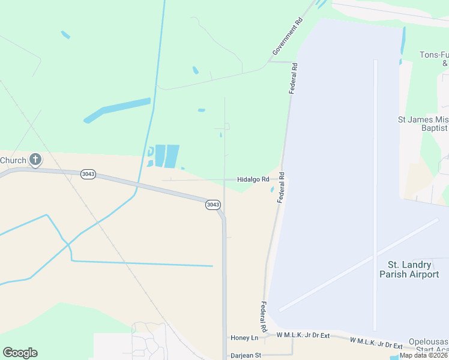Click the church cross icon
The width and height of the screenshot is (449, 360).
35,160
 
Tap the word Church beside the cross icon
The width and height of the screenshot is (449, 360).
13,160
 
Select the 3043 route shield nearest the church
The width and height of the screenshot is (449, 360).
88,174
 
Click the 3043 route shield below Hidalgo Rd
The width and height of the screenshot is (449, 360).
212,205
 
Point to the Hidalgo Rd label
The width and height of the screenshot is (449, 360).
253,179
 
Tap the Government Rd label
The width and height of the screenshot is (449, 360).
287,37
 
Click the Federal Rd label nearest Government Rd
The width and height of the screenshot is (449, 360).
294,78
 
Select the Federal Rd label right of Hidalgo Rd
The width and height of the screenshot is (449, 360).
281,188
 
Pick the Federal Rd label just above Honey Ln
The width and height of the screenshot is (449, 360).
263,317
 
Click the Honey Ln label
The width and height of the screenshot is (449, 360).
244,338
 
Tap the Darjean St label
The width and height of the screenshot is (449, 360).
246,355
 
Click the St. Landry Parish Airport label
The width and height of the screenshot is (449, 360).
409,269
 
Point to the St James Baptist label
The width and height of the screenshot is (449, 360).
424,124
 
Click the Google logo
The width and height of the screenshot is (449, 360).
20,353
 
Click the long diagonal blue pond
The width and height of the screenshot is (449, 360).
117,110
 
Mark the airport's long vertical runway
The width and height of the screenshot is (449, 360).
375,192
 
